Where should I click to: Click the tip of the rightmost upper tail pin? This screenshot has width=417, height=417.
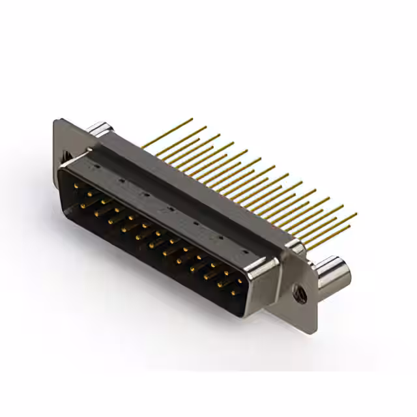355,214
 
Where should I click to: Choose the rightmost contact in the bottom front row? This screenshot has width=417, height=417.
233,293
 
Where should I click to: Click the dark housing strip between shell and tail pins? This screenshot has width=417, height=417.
195,189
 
